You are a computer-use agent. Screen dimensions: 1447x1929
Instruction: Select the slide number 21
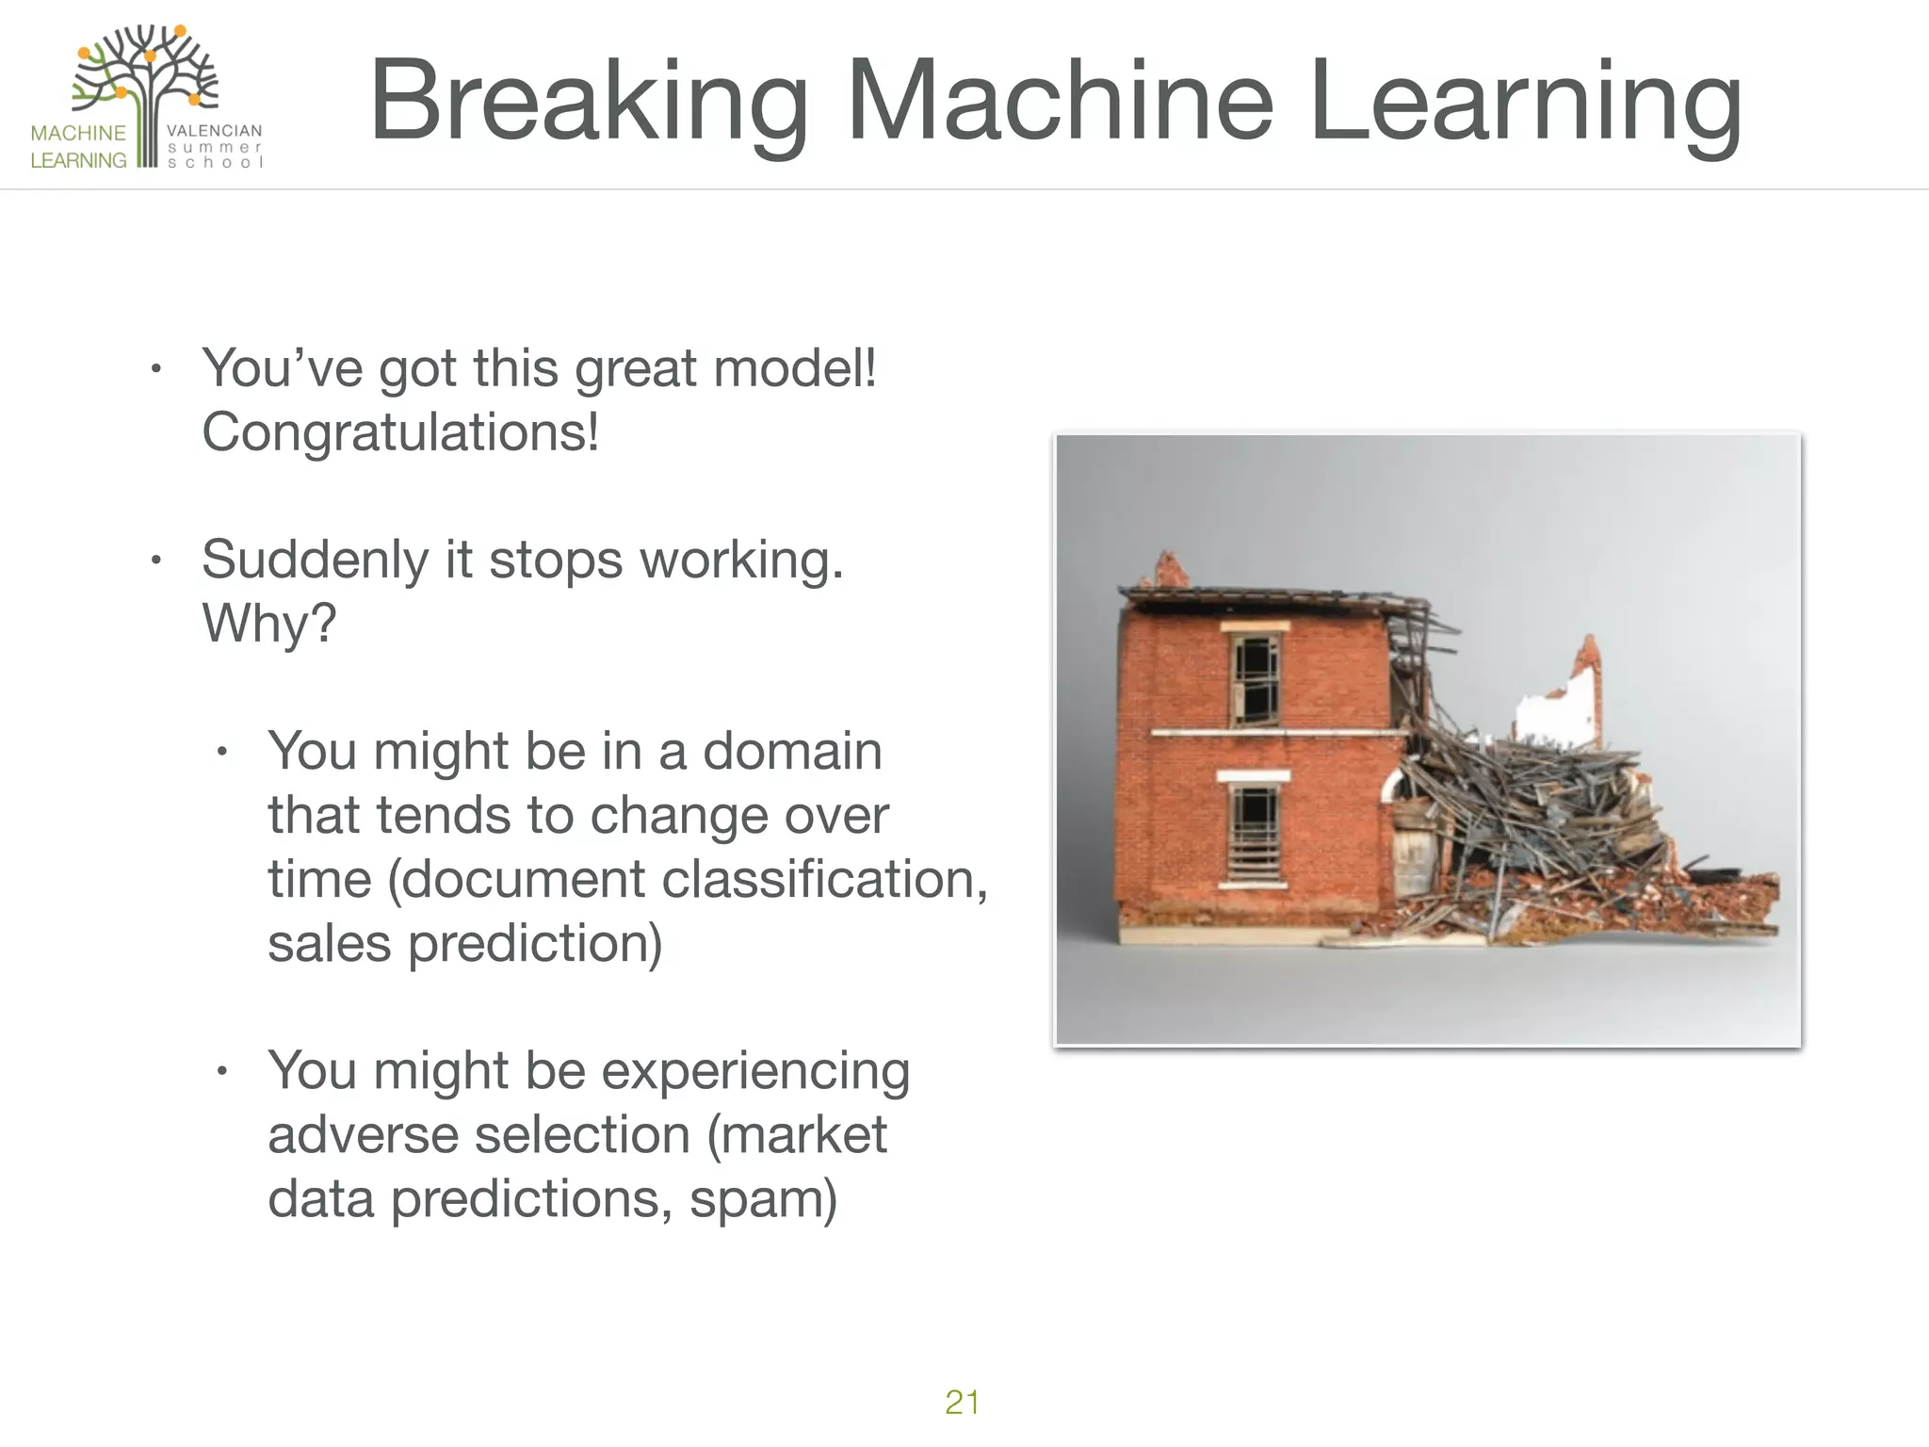click(962, 1402)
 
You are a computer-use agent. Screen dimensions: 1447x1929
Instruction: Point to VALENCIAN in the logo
click(214, 131)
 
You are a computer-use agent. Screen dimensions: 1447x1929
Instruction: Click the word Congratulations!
click(400, 432)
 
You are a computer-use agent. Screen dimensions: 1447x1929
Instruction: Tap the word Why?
click(268, 624)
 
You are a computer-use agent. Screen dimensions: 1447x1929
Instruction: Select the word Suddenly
click(315, 560)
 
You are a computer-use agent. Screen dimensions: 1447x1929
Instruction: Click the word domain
click(792, 751)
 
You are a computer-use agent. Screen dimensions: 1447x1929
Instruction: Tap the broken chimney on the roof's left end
click(1171, 571)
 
